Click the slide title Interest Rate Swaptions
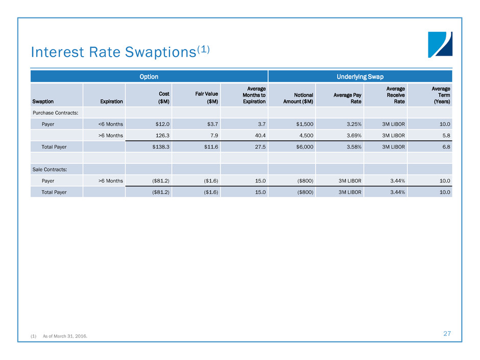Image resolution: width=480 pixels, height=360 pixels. [x=121, y=52]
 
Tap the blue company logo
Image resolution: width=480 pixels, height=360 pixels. [x=440, y=45]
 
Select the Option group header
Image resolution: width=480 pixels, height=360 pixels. [x=149, y=77]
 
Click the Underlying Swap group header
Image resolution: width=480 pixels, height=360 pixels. [x=360, y=77]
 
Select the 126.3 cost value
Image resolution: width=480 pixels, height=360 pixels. [x=162, y=135]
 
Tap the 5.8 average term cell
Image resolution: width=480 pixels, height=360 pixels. [x=445, y=135]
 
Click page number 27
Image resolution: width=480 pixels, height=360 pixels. [x=447, y=333]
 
